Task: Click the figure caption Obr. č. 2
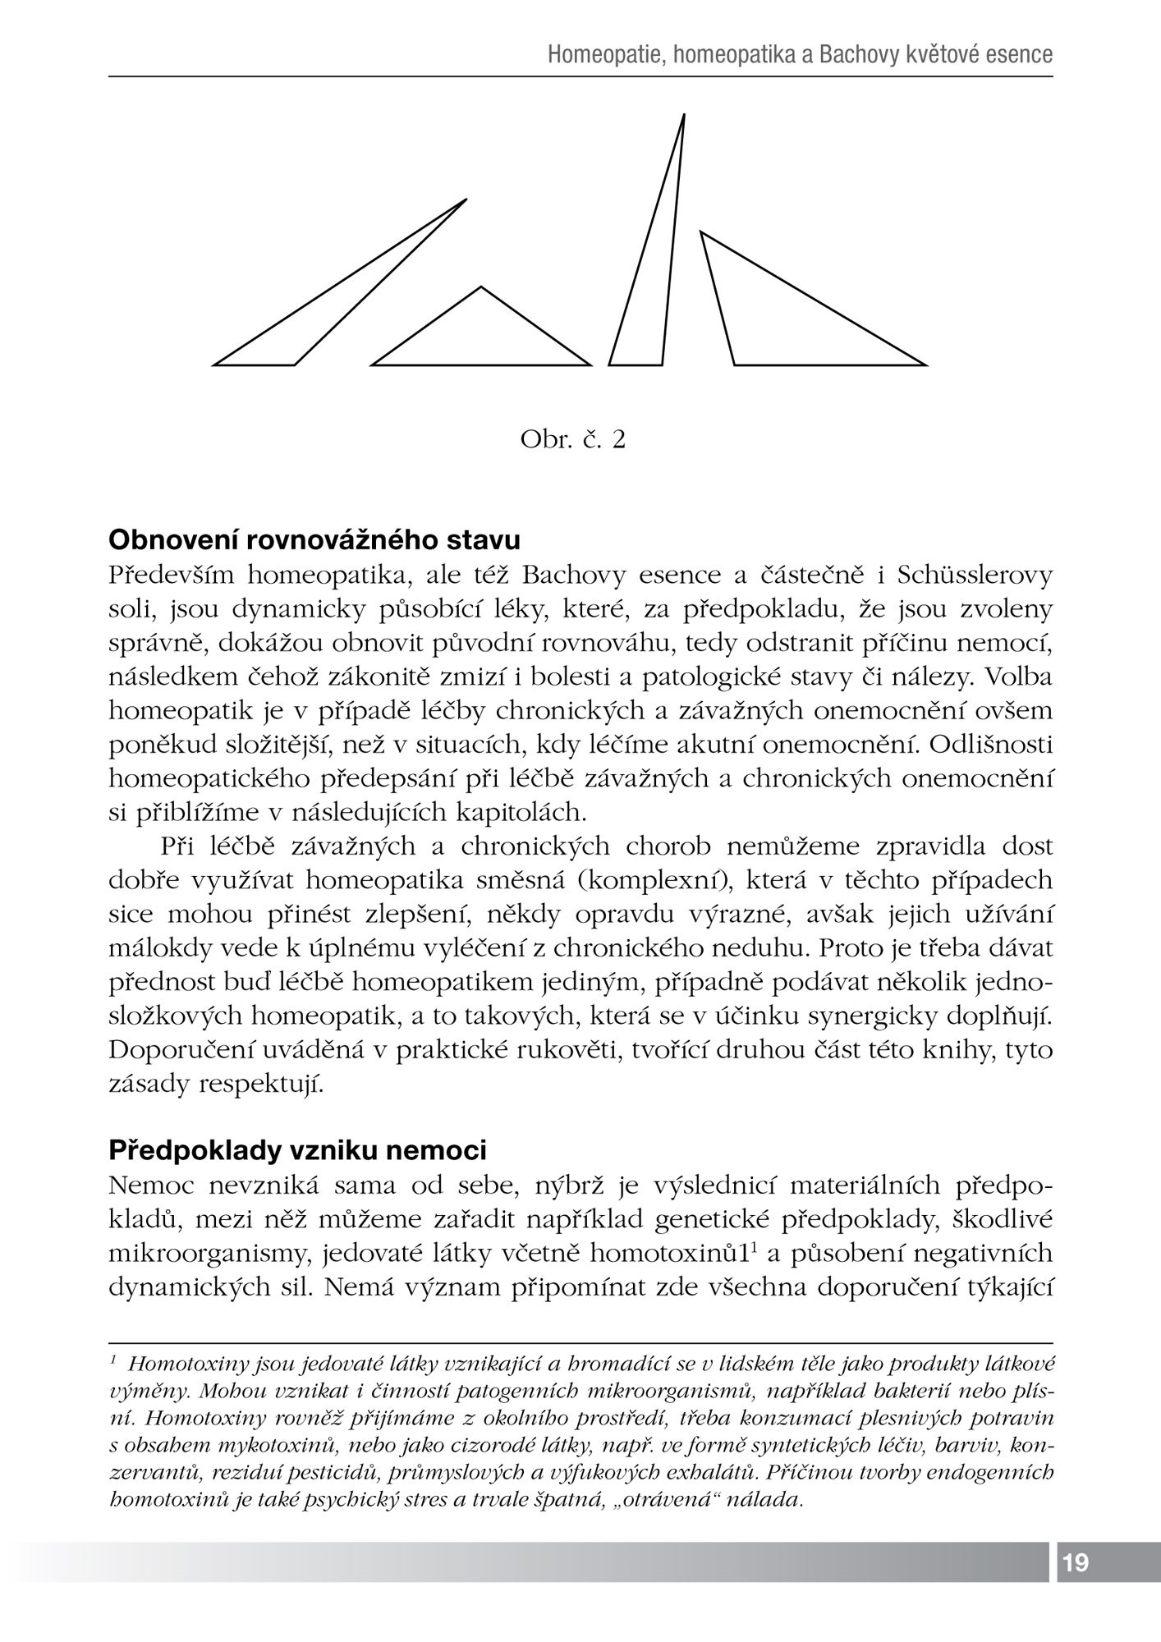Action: [572, 440]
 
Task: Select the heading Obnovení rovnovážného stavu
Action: [314, 541]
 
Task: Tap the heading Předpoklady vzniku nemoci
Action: [298, 1150]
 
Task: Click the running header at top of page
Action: [800, 55]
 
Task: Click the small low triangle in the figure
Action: [481, 337]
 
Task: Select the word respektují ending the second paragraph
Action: [262, 1085]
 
